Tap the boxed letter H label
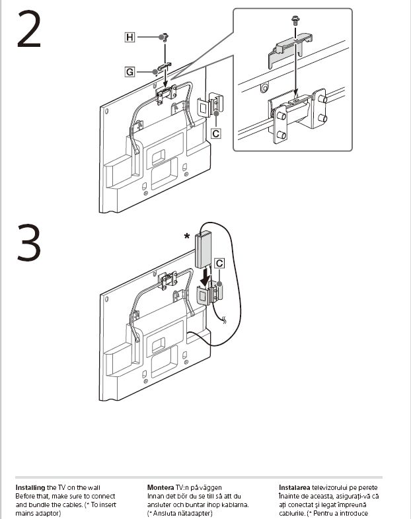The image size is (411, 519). coord(130,38)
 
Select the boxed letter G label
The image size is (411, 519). coord(130,71)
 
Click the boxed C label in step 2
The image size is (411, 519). coord(215,133)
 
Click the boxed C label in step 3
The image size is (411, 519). coord(220,263)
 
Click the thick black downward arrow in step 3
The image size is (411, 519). coord(205,273)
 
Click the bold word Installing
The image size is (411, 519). coord(30,488)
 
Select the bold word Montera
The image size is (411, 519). coord(160,488)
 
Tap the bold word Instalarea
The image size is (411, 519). coord(295,488)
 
